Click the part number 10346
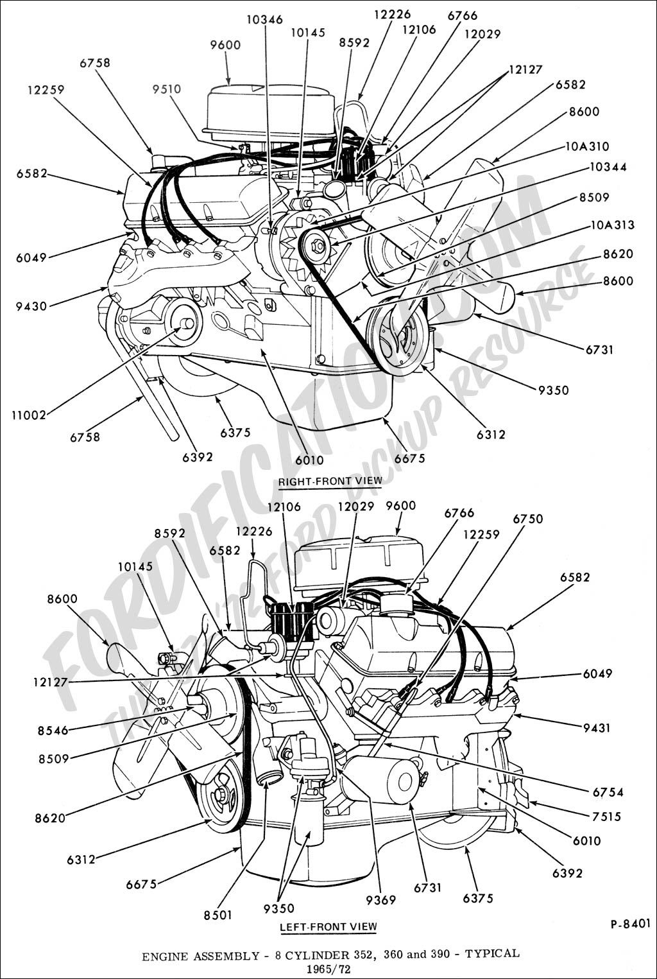coord(264,20)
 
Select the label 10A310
coord(588,146)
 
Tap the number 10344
coord(606,167)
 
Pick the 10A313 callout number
coord(613,225)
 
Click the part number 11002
coord(29,415)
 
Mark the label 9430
coord(31,306)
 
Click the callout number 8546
coord(53,730)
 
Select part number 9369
coord(381,900)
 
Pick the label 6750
coord(527,519)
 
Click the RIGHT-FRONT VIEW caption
coord(330,480)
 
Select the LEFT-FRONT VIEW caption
coord(328,926)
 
